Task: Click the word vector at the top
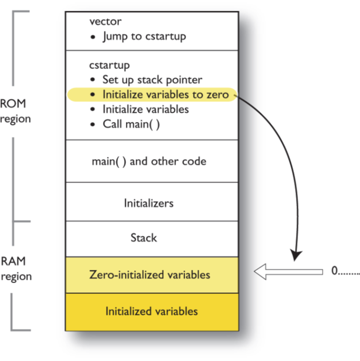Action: pos(105,22)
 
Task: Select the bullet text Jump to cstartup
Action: pos(144,37)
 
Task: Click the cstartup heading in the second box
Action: pos(109,65)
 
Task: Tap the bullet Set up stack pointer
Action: pos(152,79)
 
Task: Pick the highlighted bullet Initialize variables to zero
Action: pos(165,95)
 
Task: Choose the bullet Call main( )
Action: pos(131,124)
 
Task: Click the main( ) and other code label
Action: pos(149,161)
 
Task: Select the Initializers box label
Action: pos(148,202)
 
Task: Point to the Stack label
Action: pos(144,238)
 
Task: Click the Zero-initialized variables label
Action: pos(149,274)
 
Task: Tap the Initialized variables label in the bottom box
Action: pos(151,311)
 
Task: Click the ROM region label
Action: pos(15,111)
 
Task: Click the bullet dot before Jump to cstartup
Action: pos(94,37)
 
